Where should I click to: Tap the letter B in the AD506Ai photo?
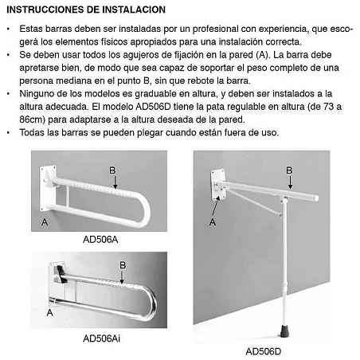click(122, 265)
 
